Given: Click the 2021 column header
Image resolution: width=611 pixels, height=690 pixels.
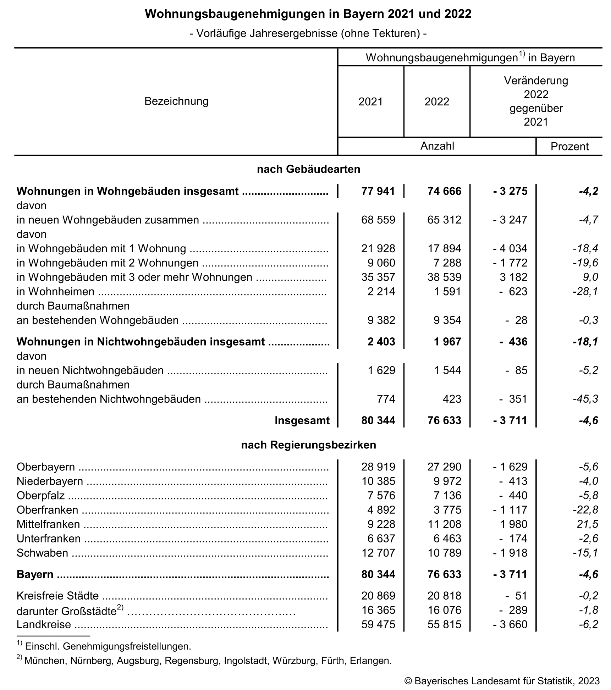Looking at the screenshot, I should point(370,102).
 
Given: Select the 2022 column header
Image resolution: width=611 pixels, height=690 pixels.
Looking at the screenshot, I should point(437,102).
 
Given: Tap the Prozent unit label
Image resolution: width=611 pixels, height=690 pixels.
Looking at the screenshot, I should point(569,147).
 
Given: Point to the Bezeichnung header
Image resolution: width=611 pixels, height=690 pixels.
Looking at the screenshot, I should point(176,101).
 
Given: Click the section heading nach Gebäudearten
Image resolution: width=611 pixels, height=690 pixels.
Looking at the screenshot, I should point(308,169).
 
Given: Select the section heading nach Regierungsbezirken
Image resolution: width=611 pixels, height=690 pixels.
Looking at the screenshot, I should point(308,445).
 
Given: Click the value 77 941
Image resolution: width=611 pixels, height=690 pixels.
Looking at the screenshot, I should point(378,191).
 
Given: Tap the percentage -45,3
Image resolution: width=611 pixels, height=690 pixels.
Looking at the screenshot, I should point(585,399).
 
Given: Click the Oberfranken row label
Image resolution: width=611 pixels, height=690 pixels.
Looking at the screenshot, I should point(47,510).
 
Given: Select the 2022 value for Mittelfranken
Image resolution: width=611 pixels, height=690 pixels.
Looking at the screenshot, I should point(444,524).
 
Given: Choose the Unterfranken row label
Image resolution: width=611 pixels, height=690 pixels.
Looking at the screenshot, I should point(49,539).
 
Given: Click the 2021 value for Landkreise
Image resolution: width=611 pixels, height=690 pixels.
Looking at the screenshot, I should point(378,624).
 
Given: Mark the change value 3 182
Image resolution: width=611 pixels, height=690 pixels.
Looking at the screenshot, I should point(513,277).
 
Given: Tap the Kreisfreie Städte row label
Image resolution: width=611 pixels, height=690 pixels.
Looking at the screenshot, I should point(57,596).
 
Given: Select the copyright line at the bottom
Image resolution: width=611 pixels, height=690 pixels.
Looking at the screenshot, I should point(502,681).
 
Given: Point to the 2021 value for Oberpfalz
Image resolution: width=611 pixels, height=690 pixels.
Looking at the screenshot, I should point(381,496).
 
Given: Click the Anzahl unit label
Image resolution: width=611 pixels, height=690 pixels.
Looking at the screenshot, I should point(437,146).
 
